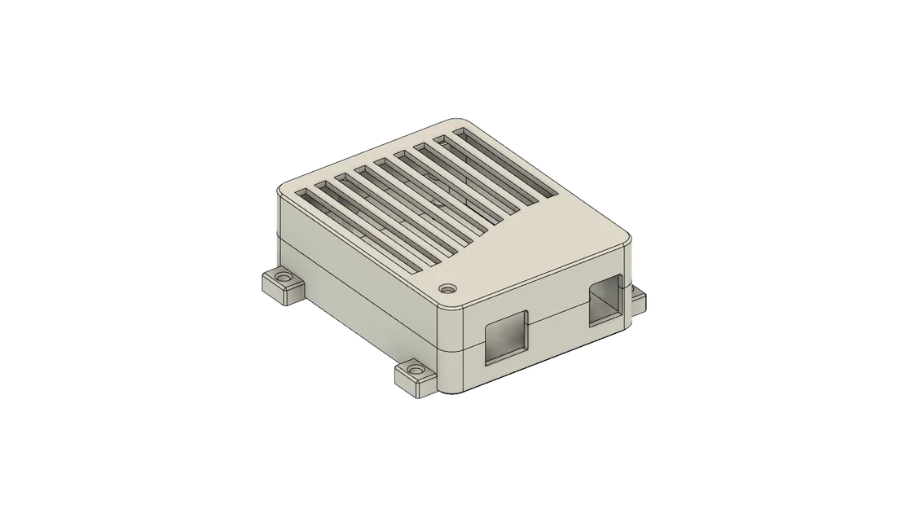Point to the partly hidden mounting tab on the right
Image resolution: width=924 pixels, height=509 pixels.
click(640, 299)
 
